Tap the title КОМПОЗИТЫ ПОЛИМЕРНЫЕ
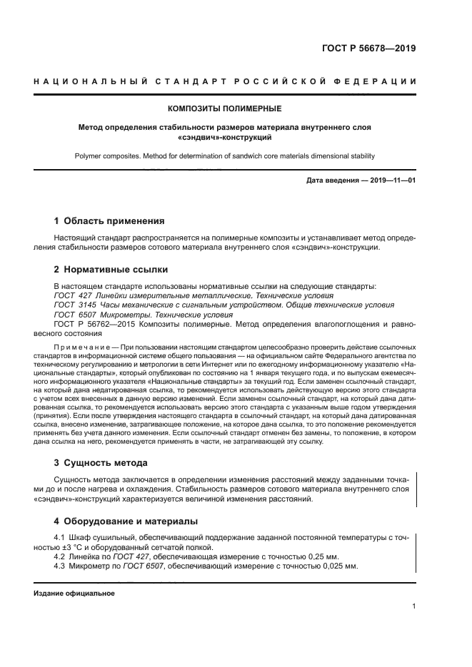[225, 109]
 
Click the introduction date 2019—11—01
[391, 180]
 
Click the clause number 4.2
[60, 556]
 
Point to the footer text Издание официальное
[74, 594]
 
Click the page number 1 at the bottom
[414, 606]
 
